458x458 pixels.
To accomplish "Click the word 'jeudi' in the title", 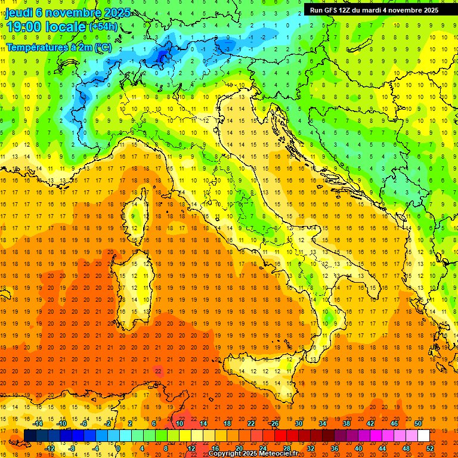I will [19, 13].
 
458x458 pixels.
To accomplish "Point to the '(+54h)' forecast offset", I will [103, 27].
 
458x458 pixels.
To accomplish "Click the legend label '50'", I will [417, 423].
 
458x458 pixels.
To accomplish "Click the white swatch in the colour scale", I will [423, 436].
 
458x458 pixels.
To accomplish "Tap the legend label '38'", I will [346, 423].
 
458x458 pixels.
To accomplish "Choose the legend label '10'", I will [179, 423].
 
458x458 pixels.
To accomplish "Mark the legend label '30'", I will [298, 423].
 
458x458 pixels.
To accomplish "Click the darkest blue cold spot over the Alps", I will [162, 57].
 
